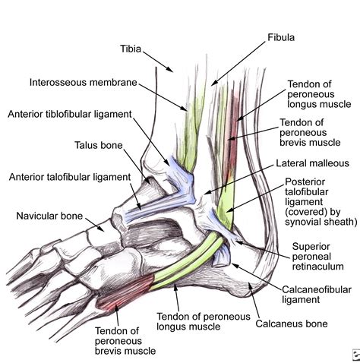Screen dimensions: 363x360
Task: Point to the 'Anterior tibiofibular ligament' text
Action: pos(70,115)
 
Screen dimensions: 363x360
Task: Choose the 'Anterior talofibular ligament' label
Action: pos(68,178)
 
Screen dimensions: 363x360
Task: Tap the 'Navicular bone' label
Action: pos(48,216)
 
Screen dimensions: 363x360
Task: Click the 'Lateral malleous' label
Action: pos(312,163)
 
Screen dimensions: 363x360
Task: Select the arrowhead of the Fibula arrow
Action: pos(212,84)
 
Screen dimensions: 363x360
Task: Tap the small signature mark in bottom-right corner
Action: pos(352,354)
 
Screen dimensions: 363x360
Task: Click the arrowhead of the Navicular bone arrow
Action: pos(106,228)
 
